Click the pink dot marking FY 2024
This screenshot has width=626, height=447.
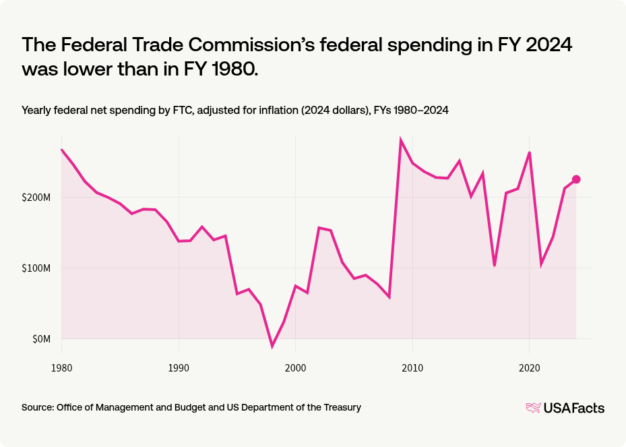click(x=576, y=179)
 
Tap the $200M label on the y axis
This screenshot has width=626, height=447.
click(x=36, y=198)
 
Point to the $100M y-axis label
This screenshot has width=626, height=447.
click(x=36, y=268)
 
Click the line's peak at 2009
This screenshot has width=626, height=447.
click(x=401, y=140)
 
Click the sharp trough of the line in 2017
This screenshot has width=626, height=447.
click(x=495, y=265)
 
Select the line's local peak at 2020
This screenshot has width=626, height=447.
click(x=530, y=152)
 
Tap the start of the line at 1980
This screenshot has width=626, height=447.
click(x=61, y=150)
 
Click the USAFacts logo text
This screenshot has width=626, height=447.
click(x=573, y=408)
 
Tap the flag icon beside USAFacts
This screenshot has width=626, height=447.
click(x=533, y=408)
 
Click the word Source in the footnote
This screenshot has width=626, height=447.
click(x=38, y=407)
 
